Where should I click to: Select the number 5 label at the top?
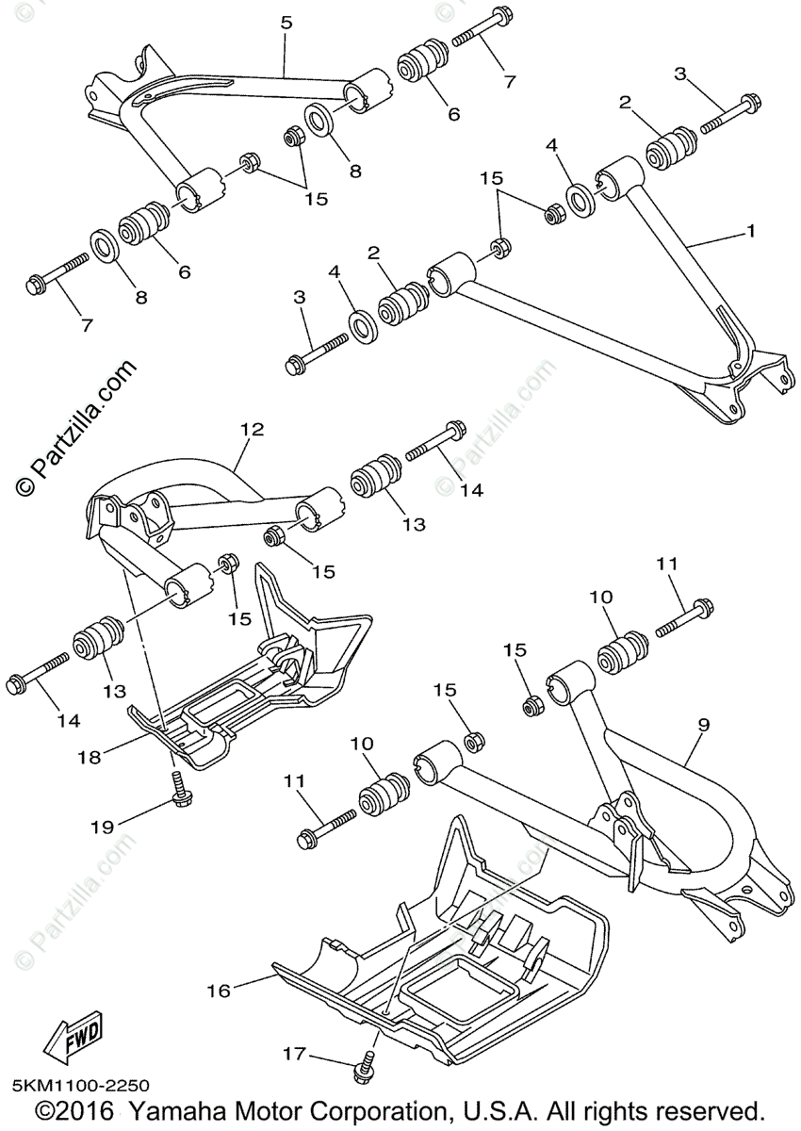point(286,21)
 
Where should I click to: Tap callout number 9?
point(704,724)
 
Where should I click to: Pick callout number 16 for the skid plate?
point(219,991)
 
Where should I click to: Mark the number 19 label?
point(103,828)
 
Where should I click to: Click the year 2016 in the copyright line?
point(84,1111)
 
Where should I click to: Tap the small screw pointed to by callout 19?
point(176,788)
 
